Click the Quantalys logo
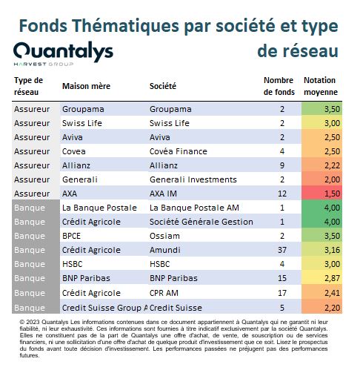click(x=63, y=53)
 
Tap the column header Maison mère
click(x=86, y=86)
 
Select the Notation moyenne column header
click(x=321, y=86)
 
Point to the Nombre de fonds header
click(x=279, y=86)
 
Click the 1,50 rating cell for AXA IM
click(x=332, y=194)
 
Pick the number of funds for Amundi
click(x=282, y=250)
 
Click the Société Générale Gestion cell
click(x=201, y=222)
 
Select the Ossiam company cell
click(x=164, y=236)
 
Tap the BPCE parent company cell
click(x=71, y=236)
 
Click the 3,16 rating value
click(x=332, y=250)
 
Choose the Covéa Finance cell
click(x=179, y=151)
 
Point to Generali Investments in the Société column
click(x=193, y=179)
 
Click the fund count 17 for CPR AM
click(x=282, y=293)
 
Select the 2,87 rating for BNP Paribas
click(x=332, y=278)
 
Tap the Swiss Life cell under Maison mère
click(x=82, y=123)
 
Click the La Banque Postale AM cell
click(x=194, y=208)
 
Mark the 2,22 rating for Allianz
click(x=332, y=165)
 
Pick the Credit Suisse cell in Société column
click(x=176, y=308)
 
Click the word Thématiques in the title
click(x=125, y=26)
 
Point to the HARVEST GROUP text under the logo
click(x=44, y=65)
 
